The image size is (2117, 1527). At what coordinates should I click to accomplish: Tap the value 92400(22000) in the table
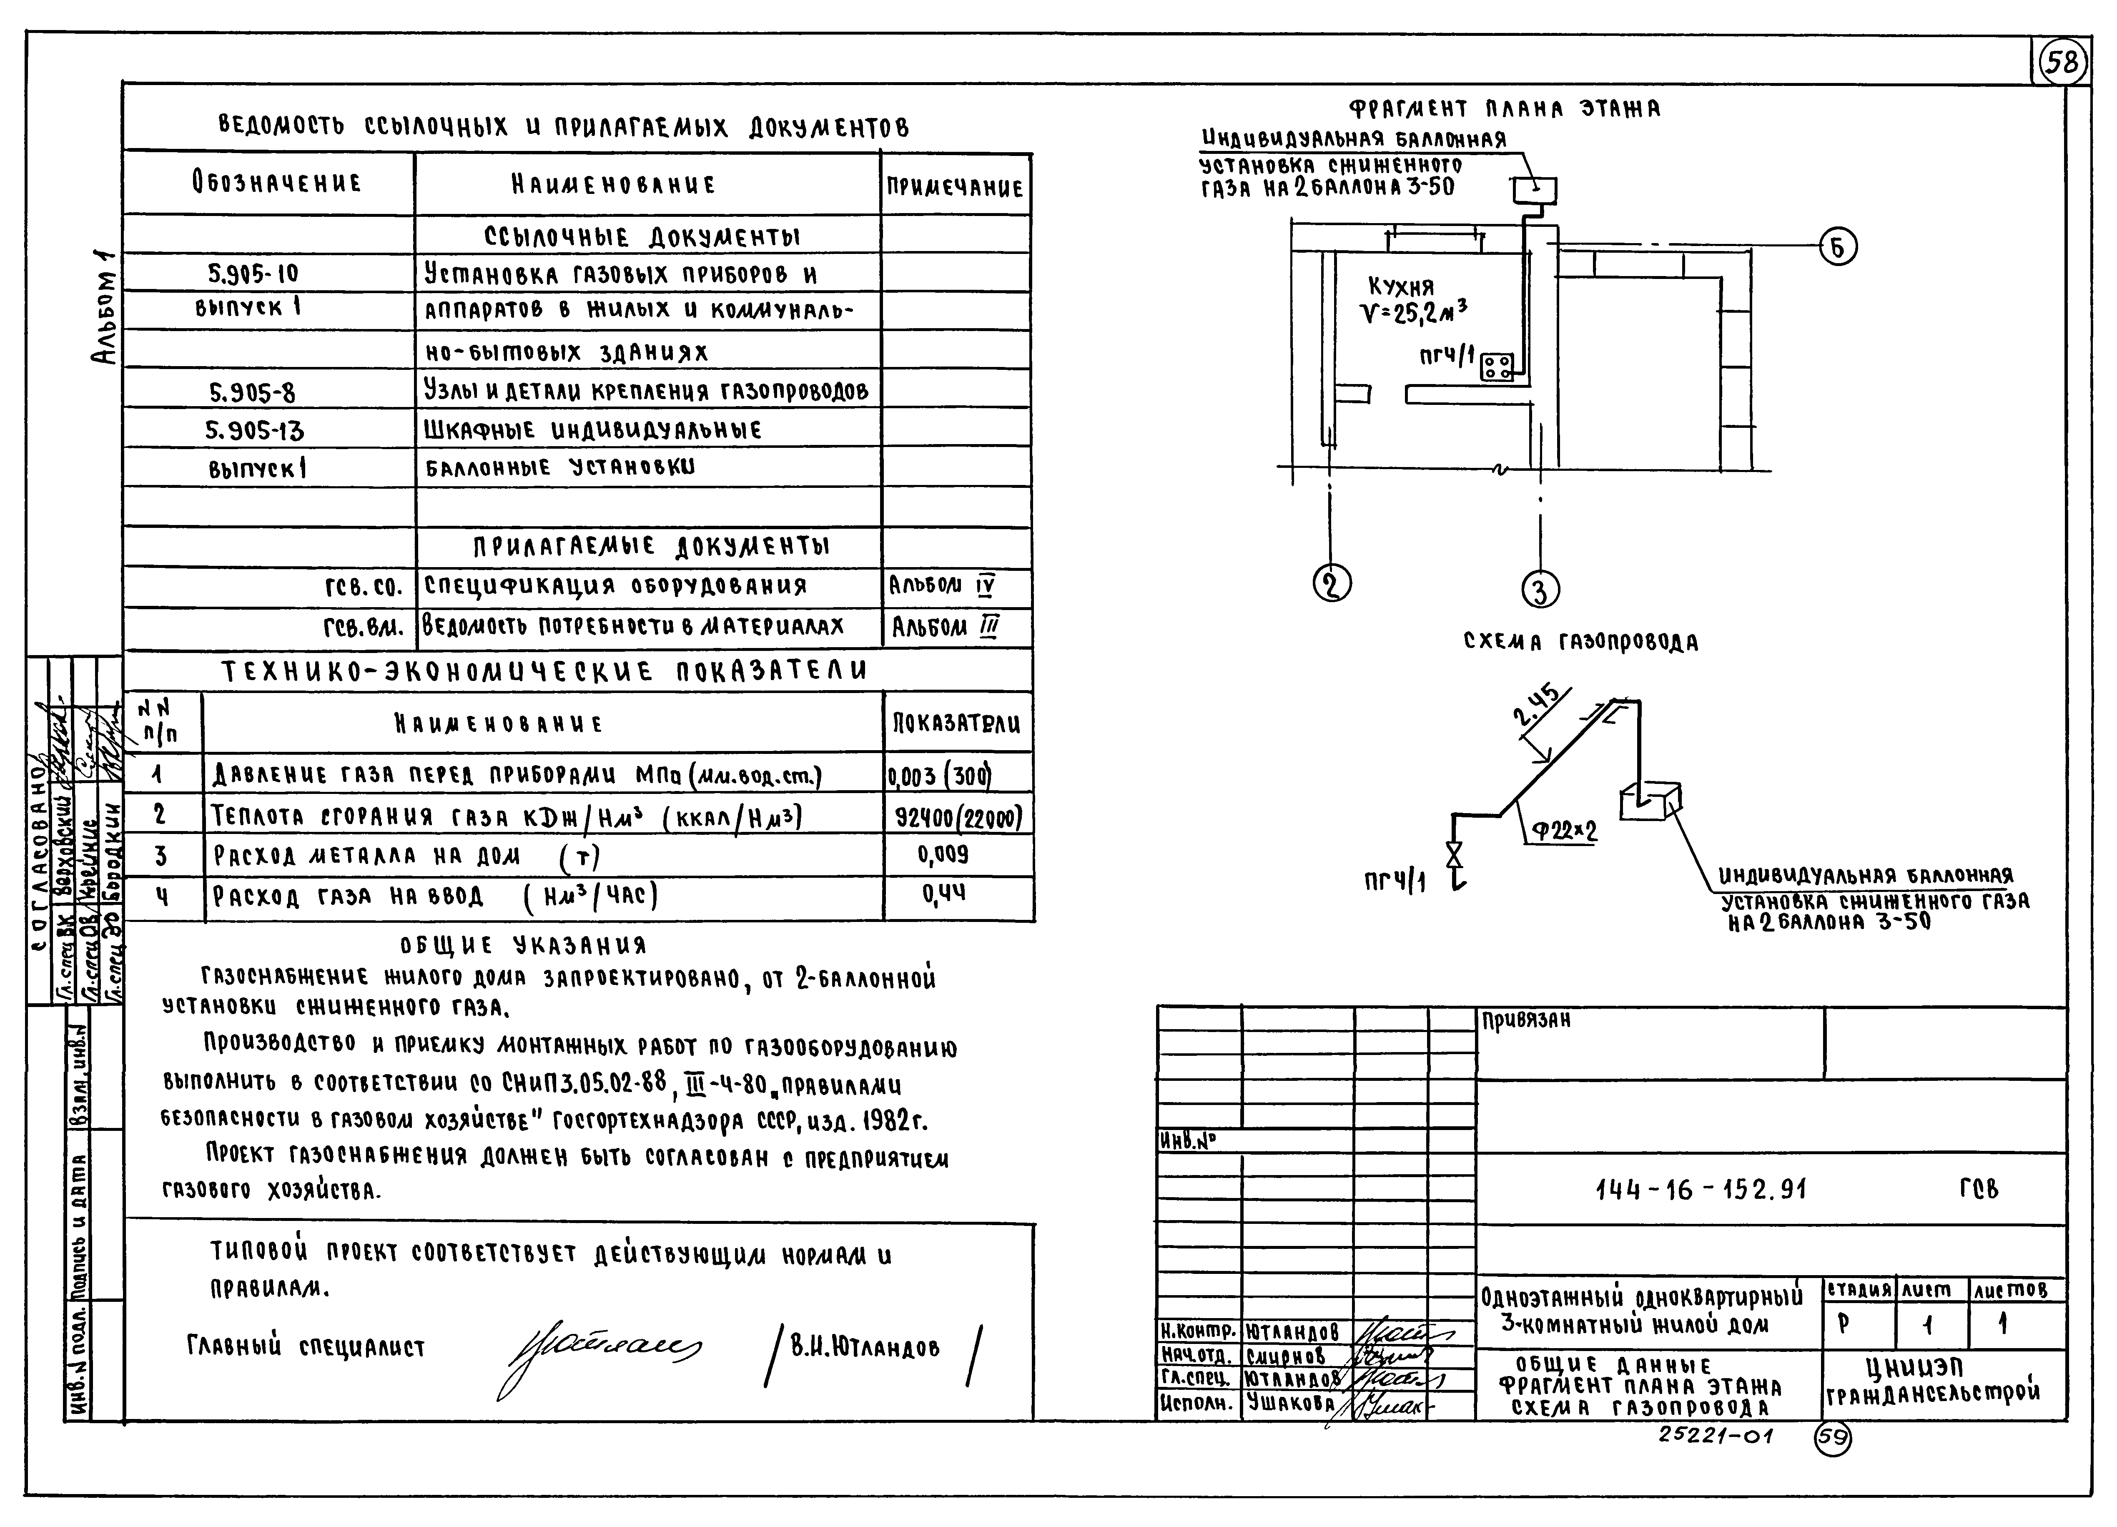(958, 818)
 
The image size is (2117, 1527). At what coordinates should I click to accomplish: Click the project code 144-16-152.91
(1701, 1189)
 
